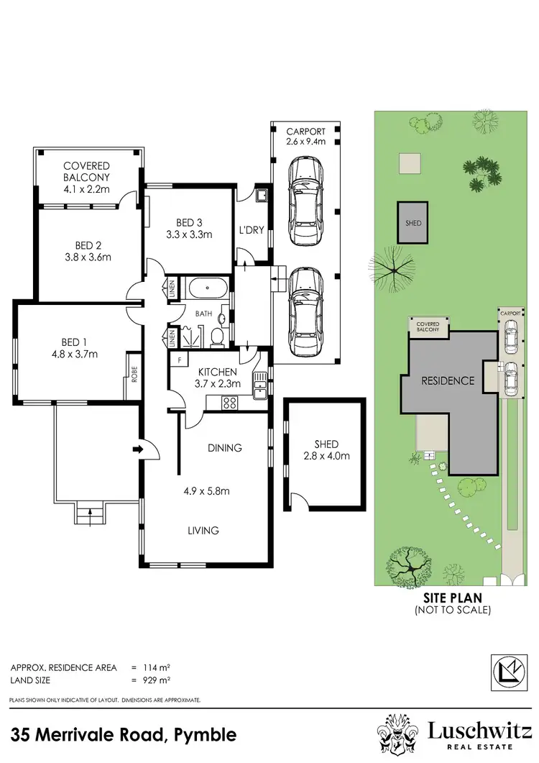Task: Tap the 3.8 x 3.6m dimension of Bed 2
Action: pyautogui.click(x=88, y=256)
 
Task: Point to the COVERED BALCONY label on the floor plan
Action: pyautogui.click(x=86, y=171)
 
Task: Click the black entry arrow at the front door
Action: pyautogui.click(x=138, y=450)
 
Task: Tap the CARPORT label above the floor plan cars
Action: pyautogui.click(x=306, y=132)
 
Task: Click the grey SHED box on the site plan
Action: pyautogui.click(x=413, y=223)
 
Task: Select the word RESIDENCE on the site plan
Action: pyautogui.click(x=448, y=380)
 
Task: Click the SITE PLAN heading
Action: pyautogui.click(x=452, y=597)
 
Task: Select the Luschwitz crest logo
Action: pyautogui.click(x=400, y=734)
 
